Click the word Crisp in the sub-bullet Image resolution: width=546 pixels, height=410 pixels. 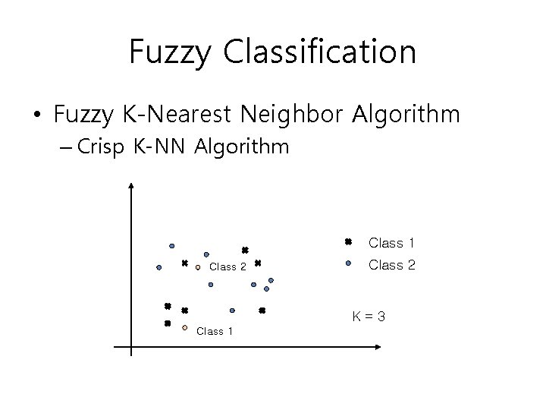[x=105, y=147]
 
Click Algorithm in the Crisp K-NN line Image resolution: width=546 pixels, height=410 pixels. [x=242, y=147]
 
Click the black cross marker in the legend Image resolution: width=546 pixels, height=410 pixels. [x=347, y=242]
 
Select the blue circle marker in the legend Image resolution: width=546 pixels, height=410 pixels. [x=347, y=264]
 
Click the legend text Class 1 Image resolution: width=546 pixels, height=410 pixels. [x=391, y=243]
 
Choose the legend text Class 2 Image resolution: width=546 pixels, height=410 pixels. [x=391, y=265]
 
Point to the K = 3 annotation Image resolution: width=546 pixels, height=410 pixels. [x=368, y=316]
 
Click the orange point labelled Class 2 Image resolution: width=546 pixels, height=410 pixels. [x=197, y=267]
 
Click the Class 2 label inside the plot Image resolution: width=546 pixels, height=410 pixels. [x=227, y=267]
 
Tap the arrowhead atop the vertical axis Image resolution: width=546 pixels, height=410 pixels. [x=132, y=184]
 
